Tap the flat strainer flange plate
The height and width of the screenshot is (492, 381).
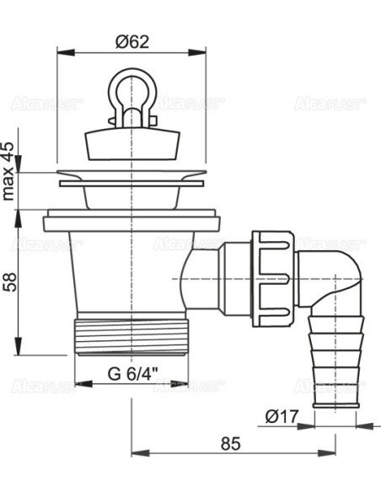coord(132,179)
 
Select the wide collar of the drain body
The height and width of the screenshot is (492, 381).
coord(132,224)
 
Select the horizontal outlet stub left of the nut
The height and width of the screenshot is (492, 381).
coord(202,272)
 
